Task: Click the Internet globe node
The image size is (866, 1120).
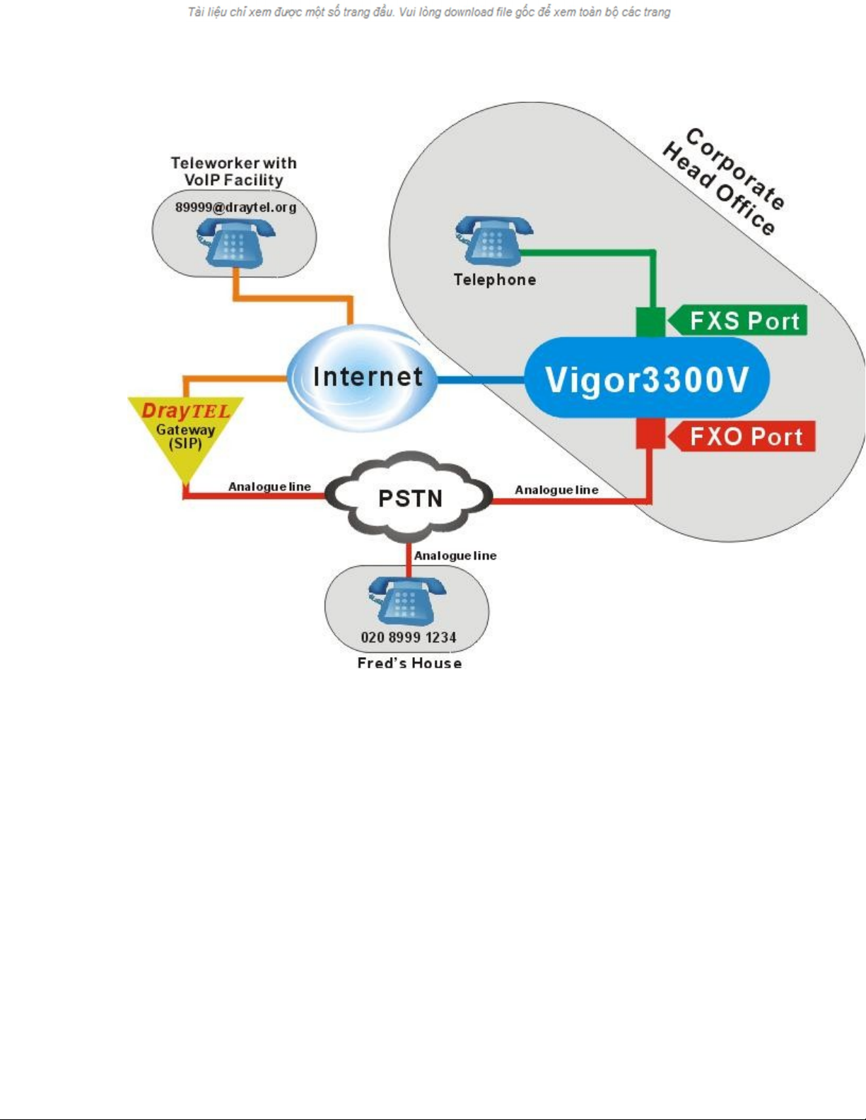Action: point(364,377)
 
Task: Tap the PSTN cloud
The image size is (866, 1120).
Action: point(410,498)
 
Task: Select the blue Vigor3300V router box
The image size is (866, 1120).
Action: point(646,379)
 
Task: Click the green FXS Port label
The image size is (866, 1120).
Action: point(739,321)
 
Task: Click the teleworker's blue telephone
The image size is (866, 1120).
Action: point(235,242)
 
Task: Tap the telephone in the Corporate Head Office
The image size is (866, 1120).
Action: point(493,240)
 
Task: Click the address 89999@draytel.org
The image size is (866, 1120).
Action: point(235,207)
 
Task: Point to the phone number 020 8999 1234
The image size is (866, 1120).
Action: point(408,637)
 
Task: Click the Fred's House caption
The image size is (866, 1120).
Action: point(409,663)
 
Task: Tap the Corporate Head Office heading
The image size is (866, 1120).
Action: point(724,181)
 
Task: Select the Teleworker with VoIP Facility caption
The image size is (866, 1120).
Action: point(233,172)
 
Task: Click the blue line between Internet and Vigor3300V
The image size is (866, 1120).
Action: point(481,380)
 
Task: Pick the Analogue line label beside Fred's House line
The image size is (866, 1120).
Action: point(455,555)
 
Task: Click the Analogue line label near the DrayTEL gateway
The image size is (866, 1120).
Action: point(269,487)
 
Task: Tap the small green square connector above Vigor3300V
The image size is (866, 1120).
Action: point(650,322)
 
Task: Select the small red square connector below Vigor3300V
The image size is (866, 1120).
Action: point(650,434)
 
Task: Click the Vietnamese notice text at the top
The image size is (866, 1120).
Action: point(428,12)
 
